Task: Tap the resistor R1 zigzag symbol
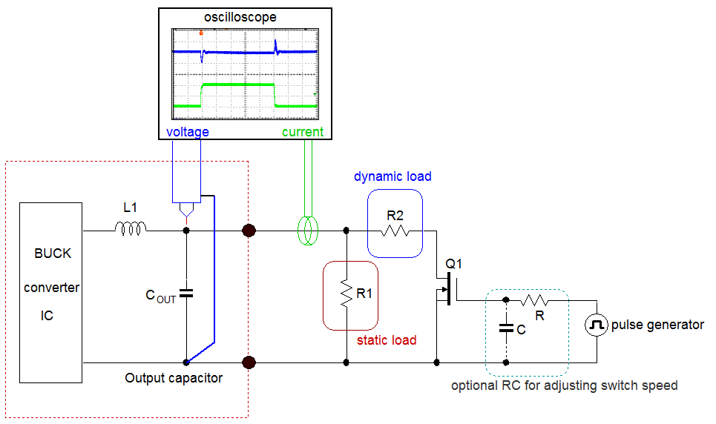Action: pyautogui.click(x=346, y=294)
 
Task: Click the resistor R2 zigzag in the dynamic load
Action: pyautogui.click(x=395, y=231)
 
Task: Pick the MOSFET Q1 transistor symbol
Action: pyautogui.click(x=447, y=289)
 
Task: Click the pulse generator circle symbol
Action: pyautogui.click(x=597, y=325)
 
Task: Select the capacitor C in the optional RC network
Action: pyautogui.click(x=506, y=327)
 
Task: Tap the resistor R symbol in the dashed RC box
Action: pyautogui.click(x=534, y=300)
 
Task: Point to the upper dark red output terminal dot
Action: pyautogui.click(x=249, y=231)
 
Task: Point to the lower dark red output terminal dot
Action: pyautogui.click(x=249, y=362)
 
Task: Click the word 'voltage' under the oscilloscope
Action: pyautogui.click(x=187, y=132)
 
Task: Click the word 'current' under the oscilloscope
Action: pyautogui.click(x=303, y=132)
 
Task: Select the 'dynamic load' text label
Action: pyautogui.click(x=393, y=176)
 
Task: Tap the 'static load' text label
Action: pyautogui.click(x=387, y=340)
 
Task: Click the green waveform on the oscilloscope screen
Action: pyautogui.click(x=237, y=85)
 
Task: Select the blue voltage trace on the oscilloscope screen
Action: pyautogui.click(x=237, y=53)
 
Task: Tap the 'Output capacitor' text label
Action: pyautogui.click(x=173, y=378)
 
